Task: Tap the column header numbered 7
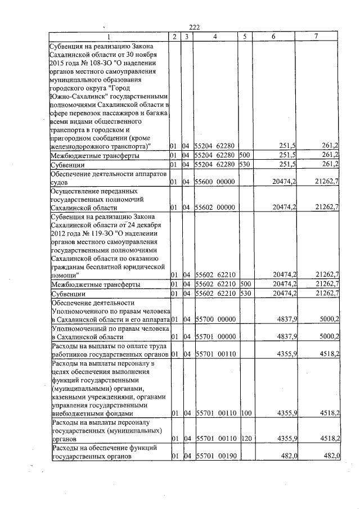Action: coord(316,37)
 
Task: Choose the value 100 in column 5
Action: coord(245,413)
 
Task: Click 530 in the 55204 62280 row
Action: coord(245,164)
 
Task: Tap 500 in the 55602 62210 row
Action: coord(245,284)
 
